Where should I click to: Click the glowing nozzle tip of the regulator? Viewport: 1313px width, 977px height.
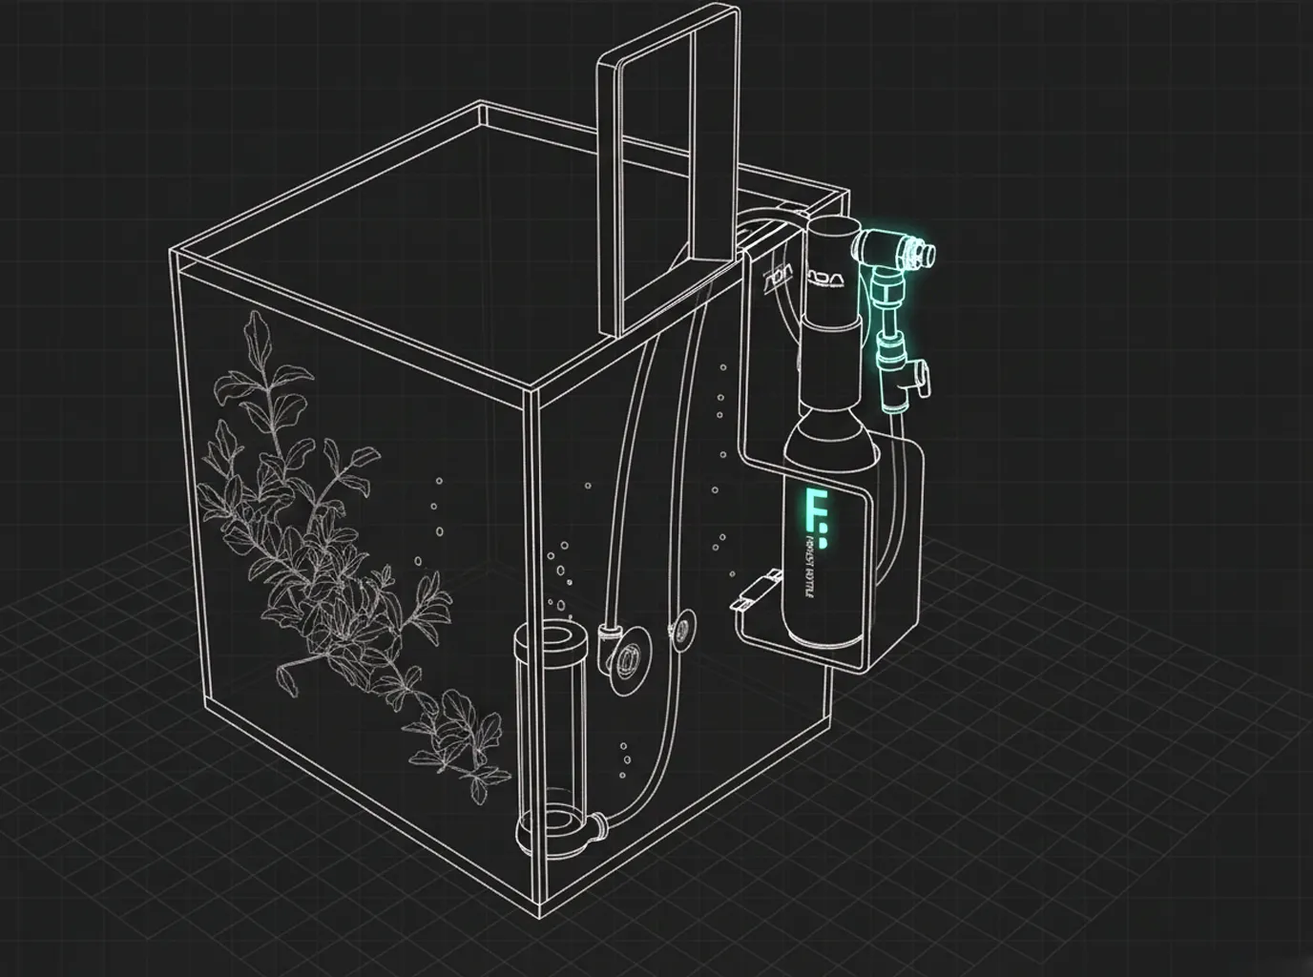pyautogui.click(x=923, y=254)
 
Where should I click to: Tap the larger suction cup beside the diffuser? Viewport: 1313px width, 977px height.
pyautogui.click(x=630, y=658)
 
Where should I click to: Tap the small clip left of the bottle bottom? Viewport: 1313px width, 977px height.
pyautogui.click(x=754, y=592)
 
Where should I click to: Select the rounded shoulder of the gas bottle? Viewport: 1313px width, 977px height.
pyautogui.click(x=825, y=429)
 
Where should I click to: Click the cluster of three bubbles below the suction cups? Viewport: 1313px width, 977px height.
pyautogui.click(x=624, y=759)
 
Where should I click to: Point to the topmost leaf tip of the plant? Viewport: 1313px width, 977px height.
pyautogui.click(x=253, y=315)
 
